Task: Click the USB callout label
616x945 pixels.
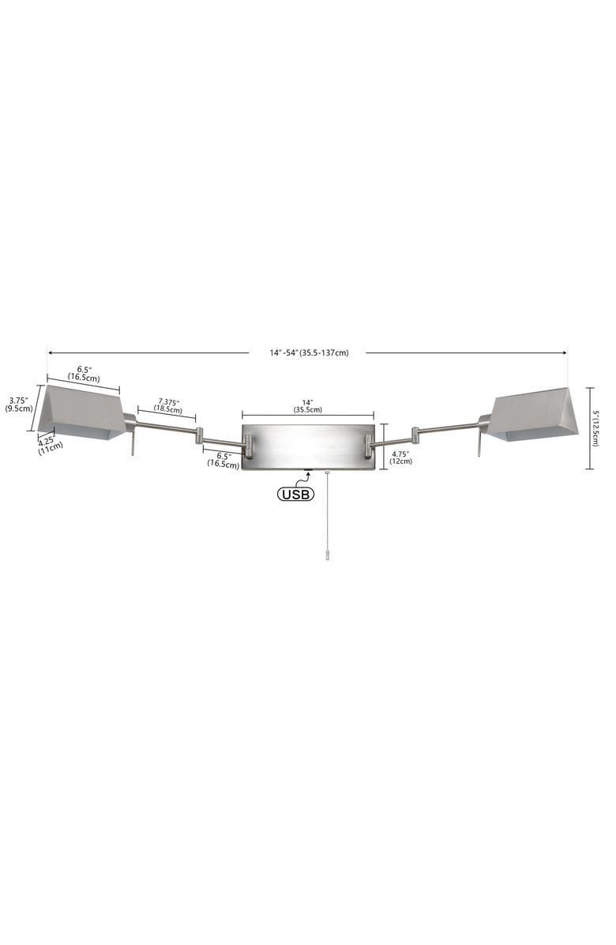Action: [x=295, y=494]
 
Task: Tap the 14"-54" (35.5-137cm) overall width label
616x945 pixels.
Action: [x=309, y=352]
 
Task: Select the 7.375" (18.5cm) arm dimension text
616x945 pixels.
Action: [x=168, y=405]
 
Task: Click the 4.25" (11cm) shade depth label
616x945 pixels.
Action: [x=51, y=443]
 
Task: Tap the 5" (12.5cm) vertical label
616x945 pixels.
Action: [x=595, y=428]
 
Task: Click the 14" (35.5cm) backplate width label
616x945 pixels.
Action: [x=308, y=405]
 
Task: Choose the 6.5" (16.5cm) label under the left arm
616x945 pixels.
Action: [x=223, y=460]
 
